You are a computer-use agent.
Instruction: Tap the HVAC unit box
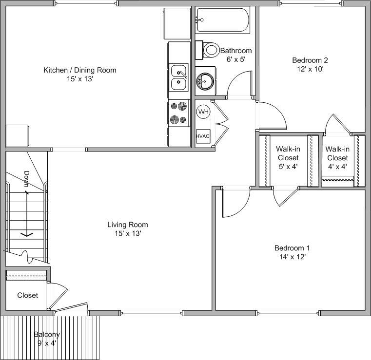coord(203,136)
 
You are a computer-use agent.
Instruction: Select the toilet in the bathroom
coord(209,50)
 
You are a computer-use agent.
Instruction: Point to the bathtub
coord(223,20)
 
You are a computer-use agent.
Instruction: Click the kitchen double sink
coord(179,77)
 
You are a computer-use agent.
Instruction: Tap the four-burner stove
coord(179,113)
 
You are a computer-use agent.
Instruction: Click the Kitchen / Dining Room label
coord(80,70)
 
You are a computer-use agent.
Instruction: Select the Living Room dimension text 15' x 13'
coord(127,233)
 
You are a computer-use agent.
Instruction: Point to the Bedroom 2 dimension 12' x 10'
coord(310,69)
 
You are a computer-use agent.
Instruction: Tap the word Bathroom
coord(236,51)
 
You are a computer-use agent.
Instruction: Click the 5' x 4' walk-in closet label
coord(288,167)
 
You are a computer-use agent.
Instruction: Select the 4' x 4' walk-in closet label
coord(337,167)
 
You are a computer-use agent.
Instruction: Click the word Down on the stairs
coord(27,179)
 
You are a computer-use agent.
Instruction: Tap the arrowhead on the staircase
coord(26,235)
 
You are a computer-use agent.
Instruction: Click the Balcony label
coord(47,334)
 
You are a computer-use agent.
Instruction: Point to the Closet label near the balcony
coord(28,295)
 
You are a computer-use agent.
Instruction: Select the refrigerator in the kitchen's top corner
coord(176,23)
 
